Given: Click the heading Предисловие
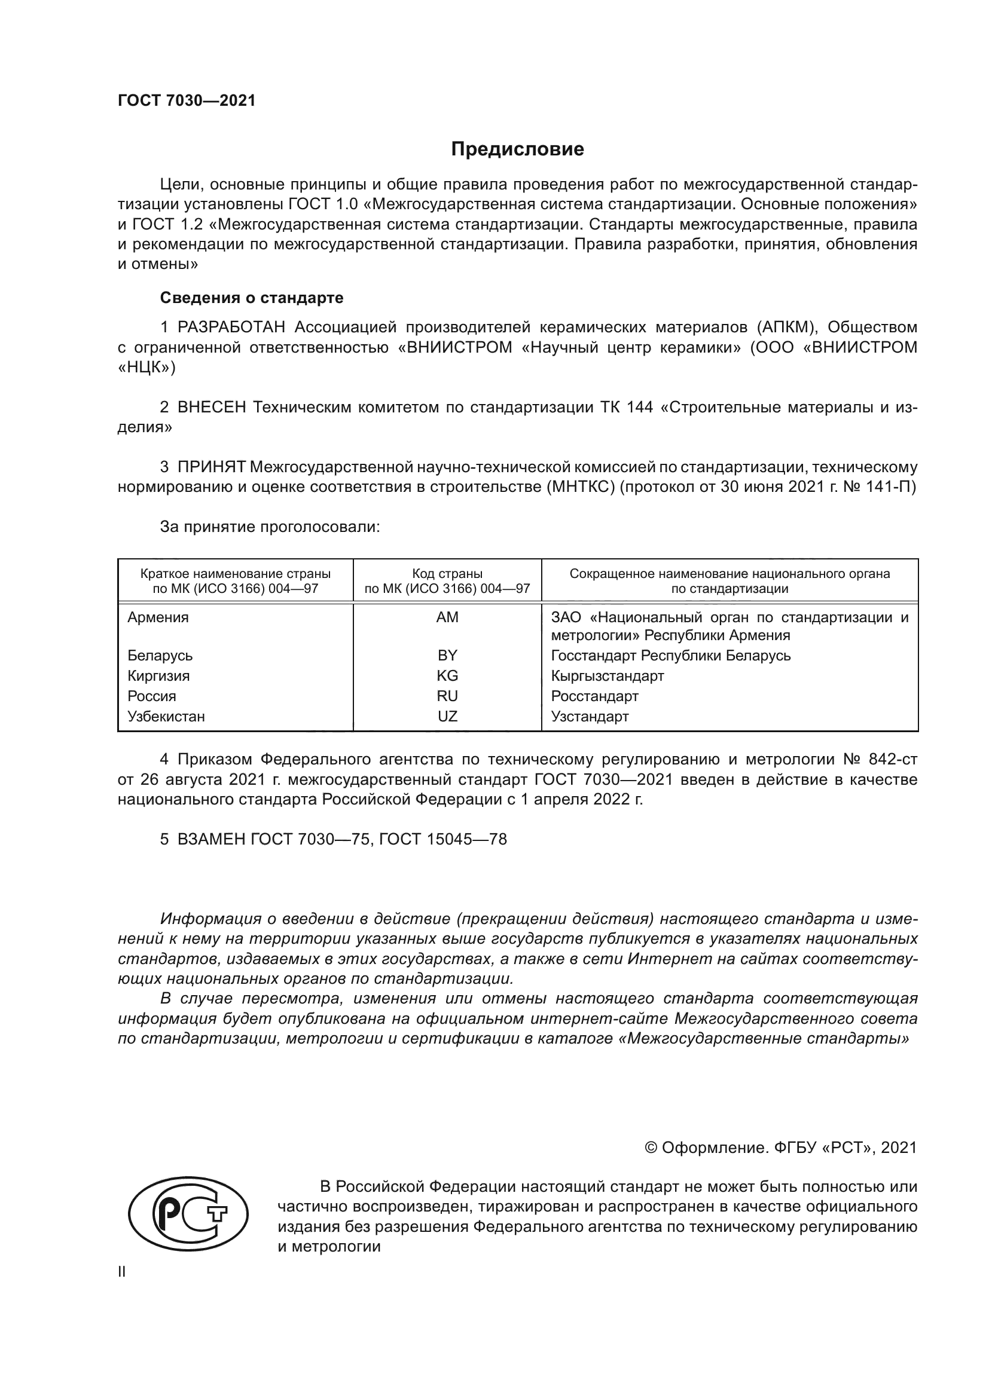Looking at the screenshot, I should coord(517,149).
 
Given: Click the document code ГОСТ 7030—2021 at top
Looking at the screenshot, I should coord(187,101).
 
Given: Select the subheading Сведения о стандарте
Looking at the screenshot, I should coord(252,298).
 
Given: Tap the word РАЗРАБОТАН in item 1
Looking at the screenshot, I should coord(231,328).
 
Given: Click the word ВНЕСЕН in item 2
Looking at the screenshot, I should coord(211,408).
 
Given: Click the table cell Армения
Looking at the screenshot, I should coord(158,617).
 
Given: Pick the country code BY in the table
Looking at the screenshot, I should coord(447,656).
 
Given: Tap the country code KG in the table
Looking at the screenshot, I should coord(447,676).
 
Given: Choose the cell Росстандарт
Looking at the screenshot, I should coord(594,696).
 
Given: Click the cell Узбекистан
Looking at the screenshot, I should coord(166,717).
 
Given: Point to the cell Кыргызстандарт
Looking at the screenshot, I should coord(607,676).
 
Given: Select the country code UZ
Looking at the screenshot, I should coord(447,717).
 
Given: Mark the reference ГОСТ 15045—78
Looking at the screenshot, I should coord(442,839).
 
